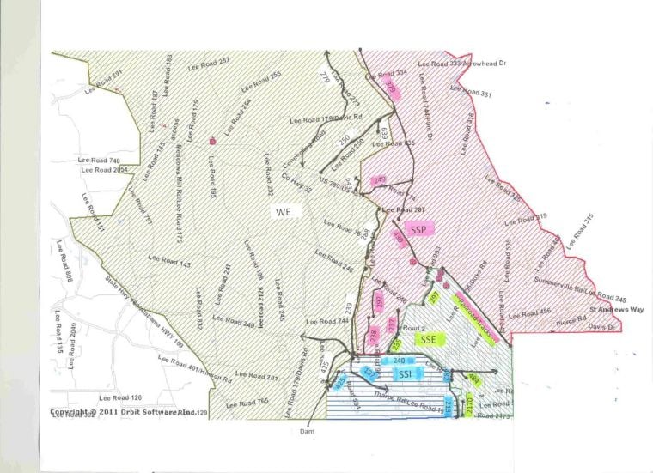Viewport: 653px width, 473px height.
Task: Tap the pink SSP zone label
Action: pyautogui.click(x=419, y=229)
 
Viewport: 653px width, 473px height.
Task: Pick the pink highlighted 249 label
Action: pyautogui.click(x=379, y=180)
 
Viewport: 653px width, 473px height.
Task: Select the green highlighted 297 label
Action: pyautogui.click(x=434, y=297)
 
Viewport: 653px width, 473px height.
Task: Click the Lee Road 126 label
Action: pyautogui.click(x=119, y=397)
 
